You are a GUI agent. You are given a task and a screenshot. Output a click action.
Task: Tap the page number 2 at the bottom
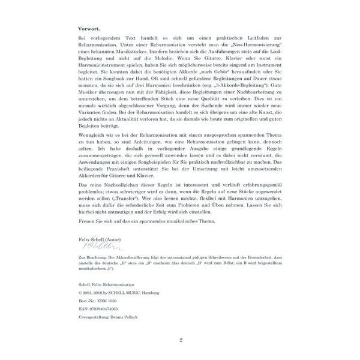(x=180, y=340)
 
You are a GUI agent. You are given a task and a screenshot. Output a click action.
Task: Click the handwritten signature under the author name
(x=98, y=246)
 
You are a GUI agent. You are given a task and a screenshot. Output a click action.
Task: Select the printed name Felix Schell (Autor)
(x=100, y=239)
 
